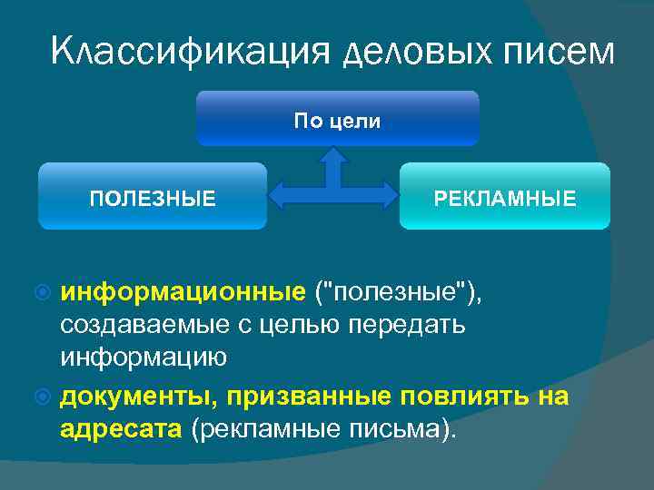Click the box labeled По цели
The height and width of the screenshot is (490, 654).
(337, 119)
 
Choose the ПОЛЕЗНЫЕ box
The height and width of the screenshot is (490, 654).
(153, 196)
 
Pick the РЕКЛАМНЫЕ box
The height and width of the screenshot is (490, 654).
(505, 196)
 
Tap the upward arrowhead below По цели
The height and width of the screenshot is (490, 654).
(335, 155)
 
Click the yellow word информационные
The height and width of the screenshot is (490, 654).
(183, 291)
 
